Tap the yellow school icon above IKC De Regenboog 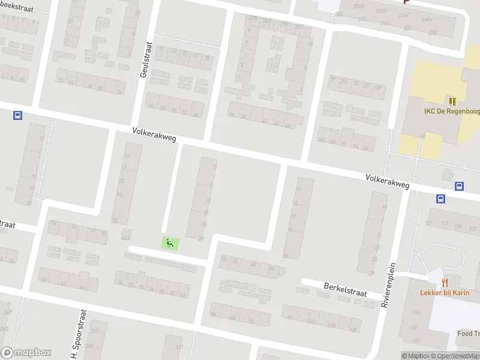click(452, 101)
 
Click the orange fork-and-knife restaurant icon click(445, 281)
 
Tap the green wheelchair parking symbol click(170, 243)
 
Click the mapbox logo click(26, 353)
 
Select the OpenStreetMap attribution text click(457, 356)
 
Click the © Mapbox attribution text click(415, 356)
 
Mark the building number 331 click(178, 347)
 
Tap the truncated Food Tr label click(469, 334)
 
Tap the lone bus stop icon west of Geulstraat click(17, 116)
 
